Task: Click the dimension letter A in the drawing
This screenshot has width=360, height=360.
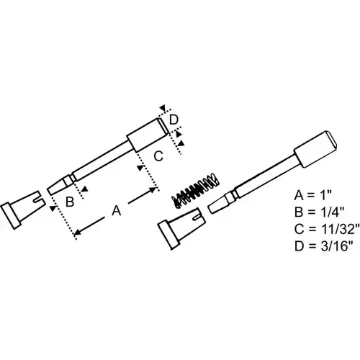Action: click(117, 210)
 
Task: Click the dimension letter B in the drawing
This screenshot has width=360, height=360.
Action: click(70, 202)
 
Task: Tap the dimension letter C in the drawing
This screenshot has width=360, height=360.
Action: click(158, 156)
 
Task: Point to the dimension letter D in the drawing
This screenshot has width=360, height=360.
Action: click(174, 120)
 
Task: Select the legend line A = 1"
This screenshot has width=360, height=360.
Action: click(312, 195)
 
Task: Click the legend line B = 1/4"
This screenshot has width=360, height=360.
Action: click(320, 212)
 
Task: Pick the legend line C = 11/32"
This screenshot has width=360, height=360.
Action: click(327, 229)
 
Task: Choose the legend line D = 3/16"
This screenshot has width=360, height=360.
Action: click(324, 246)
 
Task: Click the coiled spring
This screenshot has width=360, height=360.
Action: click(196, 190)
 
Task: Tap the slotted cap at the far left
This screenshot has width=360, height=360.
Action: click(23, 210)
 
